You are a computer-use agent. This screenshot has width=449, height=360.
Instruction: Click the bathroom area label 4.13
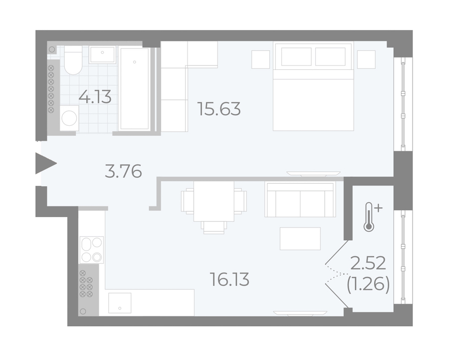pos(95,97)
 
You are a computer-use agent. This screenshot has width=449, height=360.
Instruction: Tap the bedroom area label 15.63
pos(220,109)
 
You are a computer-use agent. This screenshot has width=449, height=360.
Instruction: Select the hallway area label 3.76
pos(123,171)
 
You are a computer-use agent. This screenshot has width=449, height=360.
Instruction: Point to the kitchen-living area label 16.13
pos(229,280)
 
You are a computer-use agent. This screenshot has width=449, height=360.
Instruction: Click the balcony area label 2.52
pos(368,264)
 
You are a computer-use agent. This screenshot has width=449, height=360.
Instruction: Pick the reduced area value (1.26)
pos(368,285)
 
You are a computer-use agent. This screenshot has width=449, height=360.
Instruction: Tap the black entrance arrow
pos(46,163)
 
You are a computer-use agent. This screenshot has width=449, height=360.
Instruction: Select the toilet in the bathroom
pos(73,60)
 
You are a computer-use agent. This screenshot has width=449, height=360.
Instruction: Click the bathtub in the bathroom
pos(134,88)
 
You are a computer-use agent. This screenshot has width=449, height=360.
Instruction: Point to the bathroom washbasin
pos(102,54)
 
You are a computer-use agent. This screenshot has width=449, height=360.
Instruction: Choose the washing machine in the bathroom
pos(69,118)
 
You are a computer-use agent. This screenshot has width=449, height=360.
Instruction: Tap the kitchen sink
pos(120,303)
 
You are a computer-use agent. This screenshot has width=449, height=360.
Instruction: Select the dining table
pos(214,201)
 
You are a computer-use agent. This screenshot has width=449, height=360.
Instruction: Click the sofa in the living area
pos(300,199)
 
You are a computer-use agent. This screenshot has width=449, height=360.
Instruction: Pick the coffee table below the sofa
pos(300,239)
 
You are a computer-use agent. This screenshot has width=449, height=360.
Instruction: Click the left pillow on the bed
pos(296,57)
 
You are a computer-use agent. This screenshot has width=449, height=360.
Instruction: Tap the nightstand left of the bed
pos(260,59)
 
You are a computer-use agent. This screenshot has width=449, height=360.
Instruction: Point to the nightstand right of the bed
pos(366,59)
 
